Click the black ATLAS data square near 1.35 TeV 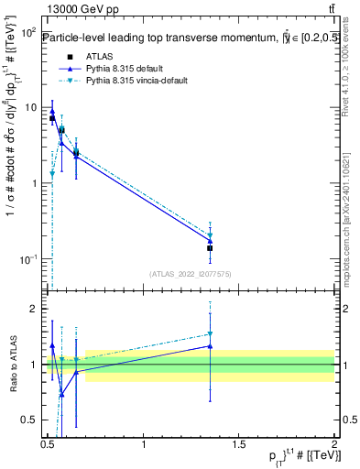pyautogui.click(x=211, y=248)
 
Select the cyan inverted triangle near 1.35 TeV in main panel pyautogui.click(x=211, y=235)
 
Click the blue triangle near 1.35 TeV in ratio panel pyautogui.click(x=211, y=346)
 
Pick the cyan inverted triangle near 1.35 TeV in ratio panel pyautogui.click(x=211, y=334)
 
